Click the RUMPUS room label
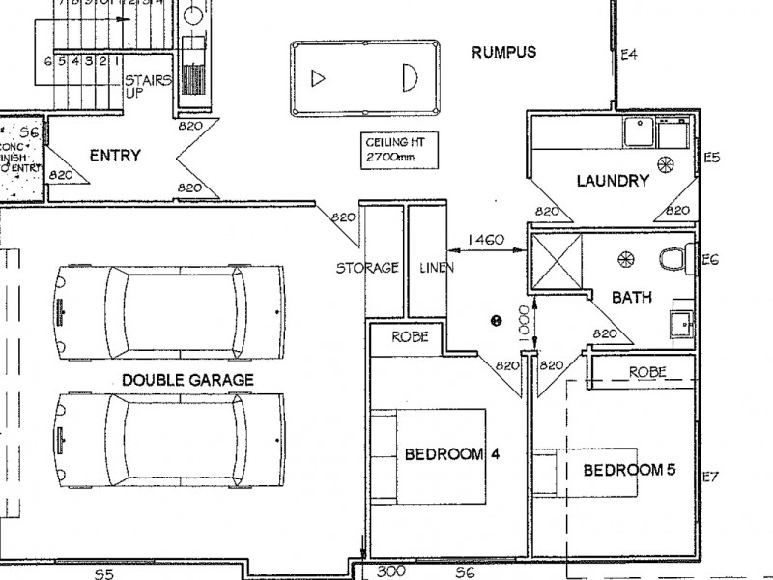(503, 52)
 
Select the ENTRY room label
(115, 156)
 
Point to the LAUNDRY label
(612, 180)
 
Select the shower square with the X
(558, 261)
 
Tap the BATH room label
(630, 298)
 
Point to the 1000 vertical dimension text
(522, 323)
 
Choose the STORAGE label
(367, 268)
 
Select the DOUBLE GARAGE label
(187, 380)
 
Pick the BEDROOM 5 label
(628, 471)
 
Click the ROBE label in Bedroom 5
(646, 371)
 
